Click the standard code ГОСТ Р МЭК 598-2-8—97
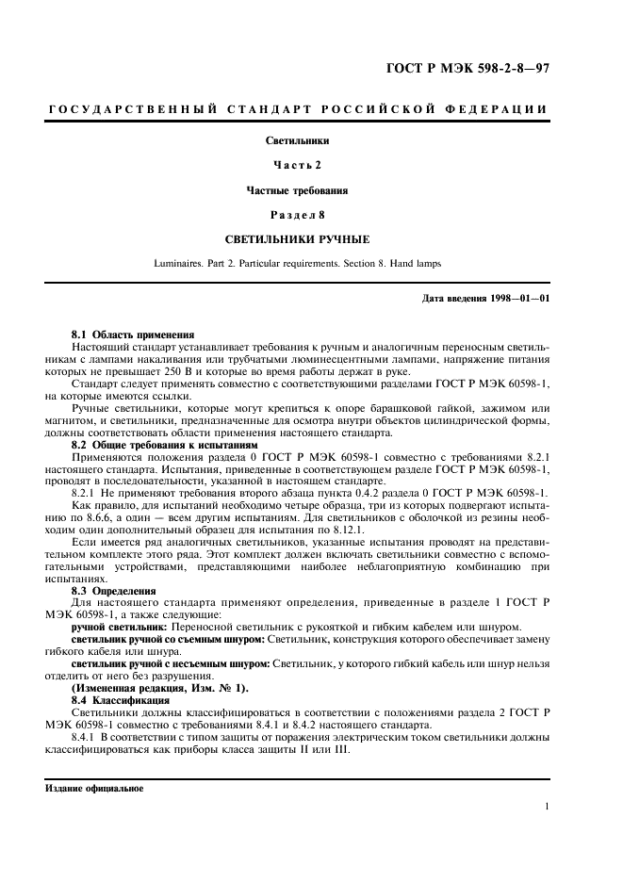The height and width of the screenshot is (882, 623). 468,67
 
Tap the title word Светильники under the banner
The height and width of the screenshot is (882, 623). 298,140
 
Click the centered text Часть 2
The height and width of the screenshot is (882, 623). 298,165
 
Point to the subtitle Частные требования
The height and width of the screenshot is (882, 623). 298,189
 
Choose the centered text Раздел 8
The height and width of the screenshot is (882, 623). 298,214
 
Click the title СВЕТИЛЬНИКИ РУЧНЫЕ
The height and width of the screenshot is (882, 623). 298,239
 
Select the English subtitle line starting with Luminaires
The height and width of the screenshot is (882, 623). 298,264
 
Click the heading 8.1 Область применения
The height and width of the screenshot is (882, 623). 133,335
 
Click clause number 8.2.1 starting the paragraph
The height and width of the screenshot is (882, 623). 87,493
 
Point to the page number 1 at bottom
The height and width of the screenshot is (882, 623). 548,806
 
